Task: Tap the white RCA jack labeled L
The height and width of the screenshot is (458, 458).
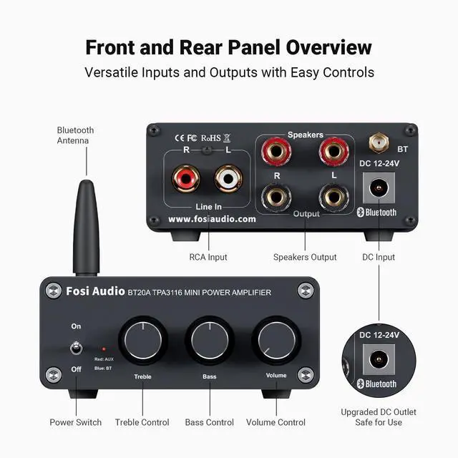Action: (x=228, y=177)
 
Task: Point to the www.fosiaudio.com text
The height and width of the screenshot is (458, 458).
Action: (x=212, y=220)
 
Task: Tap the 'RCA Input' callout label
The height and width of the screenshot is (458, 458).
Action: (x=208, y=257)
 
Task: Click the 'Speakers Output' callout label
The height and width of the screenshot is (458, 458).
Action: (x=305, y=257)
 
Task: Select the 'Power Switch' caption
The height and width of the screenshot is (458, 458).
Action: (x=76, y=422)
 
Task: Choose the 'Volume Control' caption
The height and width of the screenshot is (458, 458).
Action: (x=276, y=422)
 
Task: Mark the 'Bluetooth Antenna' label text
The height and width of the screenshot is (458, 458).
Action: (x=75, y=135)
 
